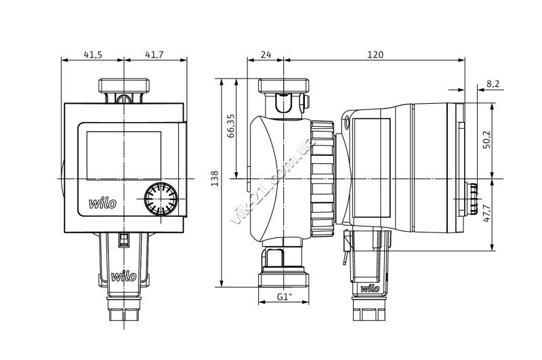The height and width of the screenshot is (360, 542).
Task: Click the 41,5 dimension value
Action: tap(93, 55)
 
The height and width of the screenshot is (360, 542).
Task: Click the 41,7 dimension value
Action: tap(154, 55)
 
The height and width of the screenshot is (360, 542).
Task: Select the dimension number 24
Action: tap(266, 55)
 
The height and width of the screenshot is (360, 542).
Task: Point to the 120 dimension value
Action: tap(375, 55)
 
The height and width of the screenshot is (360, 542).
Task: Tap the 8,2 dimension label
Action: tap(493, 83)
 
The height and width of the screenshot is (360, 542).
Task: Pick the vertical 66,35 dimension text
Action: tap(231, 126)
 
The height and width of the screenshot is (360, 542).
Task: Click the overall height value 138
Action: tap(215, 178)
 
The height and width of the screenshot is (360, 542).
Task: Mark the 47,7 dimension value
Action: tap(486, 213)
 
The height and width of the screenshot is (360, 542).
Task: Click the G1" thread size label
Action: tap(285, 297)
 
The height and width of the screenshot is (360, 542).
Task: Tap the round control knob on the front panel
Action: tap(161, 199)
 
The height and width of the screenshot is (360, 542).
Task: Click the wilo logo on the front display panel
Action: tap(103, 203)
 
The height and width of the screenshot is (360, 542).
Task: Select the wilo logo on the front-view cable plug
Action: tap(124, 277)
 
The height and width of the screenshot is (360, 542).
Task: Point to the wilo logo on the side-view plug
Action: tap(370, 288)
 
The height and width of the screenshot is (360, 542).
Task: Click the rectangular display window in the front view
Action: tap(124, 156)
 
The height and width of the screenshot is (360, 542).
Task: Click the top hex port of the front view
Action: tap(124, 85)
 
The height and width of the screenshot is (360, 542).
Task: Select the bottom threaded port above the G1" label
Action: tap(284, 279)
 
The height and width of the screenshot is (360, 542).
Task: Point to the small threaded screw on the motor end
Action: tap(472, 199)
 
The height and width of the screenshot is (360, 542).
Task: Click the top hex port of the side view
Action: tap(284, 85)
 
